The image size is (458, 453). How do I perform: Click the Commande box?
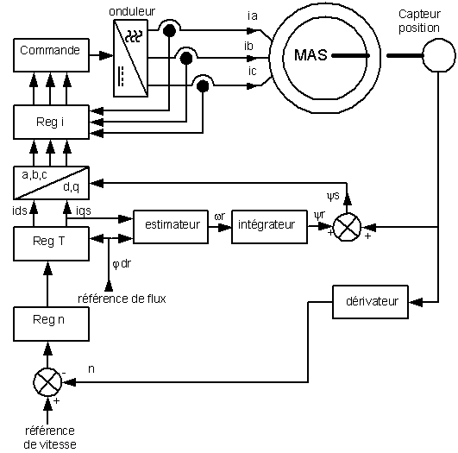click(51, 55)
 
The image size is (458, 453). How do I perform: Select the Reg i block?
click(51, 122)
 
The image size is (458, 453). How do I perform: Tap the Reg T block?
click(51, 243)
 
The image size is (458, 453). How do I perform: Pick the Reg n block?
click(51, 324)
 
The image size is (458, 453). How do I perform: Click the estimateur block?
click(171, 226)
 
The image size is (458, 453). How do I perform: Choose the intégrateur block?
click(269, 226)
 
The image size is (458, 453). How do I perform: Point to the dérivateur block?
click(370, 302)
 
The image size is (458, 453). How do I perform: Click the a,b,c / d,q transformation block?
click(51, 183)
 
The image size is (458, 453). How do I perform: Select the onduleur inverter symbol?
click(130, 58)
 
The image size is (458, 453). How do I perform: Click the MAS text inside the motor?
click(311, 55)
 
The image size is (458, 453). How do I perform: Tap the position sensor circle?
click(439, 55)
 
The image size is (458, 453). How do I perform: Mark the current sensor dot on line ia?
click(169, 30)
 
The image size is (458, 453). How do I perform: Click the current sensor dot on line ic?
click(203, 86)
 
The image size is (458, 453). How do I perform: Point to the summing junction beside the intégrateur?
click(347, 227)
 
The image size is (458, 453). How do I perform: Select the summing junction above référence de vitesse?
click(48, 382)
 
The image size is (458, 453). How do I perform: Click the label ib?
click(248, 47)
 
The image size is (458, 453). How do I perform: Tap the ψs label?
click(333, 196)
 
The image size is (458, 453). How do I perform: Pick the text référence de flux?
click(122, 299)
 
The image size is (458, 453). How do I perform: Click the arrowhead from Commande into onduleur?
click(106, 55)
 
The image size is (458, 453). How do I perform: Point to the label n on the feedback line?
click(91, 369)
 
